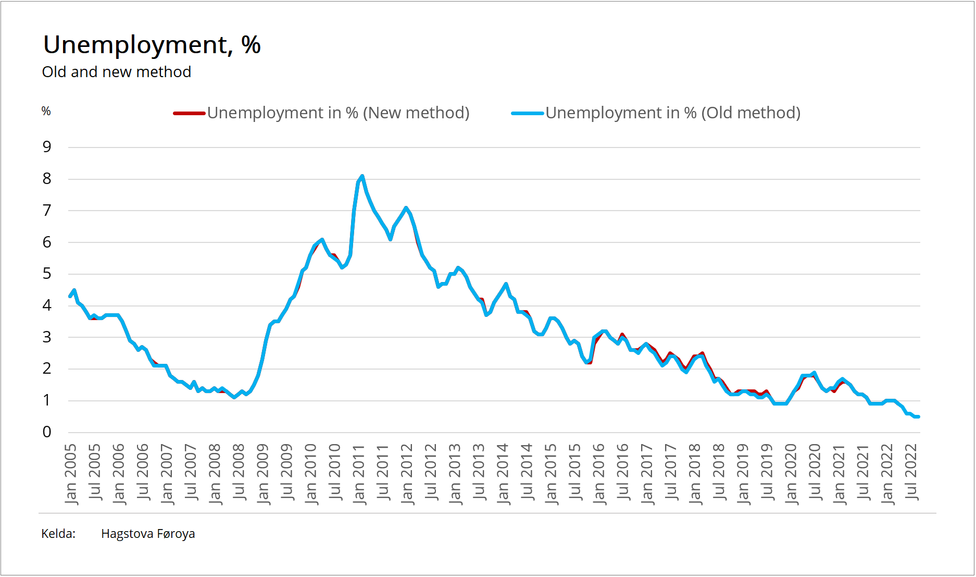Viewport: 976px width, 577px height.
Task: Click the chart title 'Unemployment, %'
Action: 152,45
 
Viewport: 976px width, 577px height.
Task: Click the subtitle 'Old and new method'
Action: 116,72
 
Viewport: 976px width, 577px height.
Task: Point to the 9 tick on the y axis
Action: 47,147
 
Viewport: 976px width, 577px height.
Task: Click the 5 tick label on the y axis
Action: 47,274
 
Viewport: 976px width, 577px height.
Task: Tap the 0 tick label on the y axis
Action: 47,432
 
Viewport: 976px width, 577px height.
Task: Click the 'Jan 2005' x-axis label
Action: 70,473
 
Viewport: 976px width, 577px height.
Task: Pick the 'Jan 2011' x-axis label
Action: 359,473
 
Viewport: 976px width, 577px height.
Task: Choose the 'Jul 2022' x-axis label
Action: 911,472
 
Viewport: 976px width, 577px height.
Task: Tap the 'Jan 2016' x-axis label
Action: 599,473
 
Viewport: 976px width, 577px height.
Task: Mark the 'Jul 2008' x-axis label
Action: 239,472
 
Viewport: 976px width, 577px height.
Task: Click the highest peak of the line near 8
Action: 362,176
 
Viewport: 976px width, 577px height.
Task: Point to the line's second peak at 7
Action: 406,208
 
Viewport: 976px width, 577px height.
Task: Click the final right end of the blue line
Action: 918,416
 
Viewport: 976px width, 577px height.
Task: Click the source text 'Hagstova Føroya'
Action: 148,534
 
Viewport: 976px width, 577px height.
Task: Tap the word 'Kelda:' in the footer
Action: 58,534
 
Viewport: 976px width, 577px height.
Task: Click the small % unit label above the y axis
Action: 46,111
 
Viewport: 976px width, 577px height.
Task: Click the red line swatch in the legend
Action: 189,113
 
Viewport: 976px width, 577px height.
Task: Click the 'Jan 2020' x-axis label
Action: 791,473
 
